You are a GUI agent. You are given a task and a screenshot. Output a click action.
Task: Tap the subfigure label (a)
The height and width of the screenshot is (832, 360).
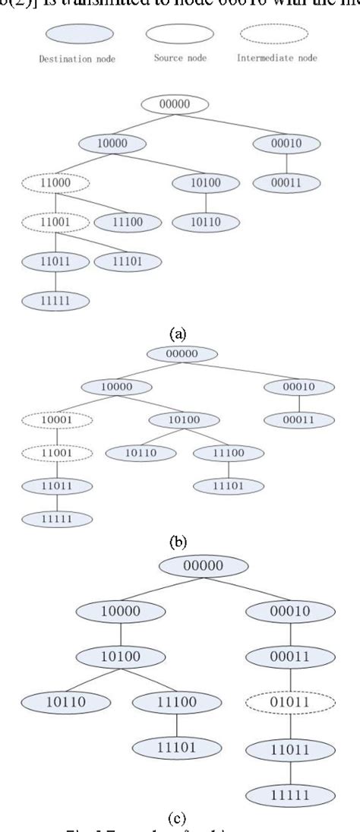[177, 331]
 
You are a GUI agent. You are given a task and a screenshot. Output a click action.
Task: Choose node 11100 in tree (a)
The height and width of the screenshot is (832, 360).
[128, 222]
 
